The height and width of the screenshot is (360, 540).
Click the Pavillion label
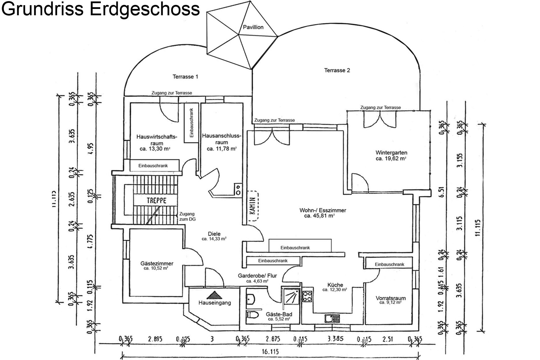point(253,27)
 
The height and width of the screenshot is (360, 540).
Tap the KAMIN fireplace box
point(253,206)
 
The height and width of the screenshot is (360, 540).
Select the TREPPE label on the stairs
point(156,200)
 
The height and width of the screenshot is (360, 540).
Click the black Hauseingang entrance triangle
point(214,295)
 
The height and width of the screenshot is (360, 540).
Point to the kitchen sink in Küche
point(332,318)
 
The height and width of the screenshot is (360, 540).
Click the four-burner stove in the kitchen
point(307,296)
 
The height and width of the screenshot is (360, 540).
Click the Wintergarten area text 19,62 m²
point(391,159)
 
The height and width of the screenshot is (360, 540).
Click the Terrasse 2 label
point(337,70)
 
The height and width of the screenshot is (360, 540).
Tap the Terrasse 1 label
point(185,77)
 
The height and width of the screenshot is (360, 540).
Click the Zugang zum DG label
point(187,216)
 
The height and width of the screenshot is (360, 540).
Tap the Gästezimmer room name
point(157,264)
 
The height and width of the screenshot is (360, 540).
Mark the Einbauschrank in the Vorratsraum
point(389,264)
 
